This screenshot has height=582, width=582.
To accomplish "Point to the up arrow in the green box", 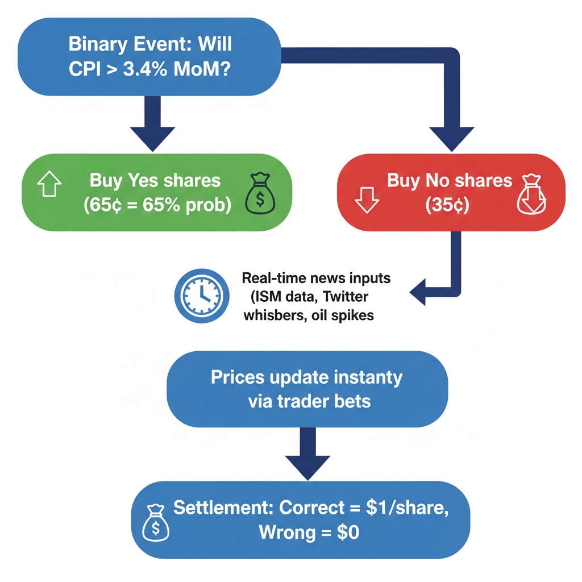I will [x=49, y=185].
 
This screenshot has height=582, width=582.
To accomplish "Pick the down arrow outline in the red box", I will [x=367, y=199].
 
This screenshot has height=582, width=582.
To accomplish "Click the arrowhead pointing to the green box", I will [x=153, y=138].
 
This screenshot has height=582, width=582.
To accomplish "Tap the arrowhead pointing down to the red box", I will [x=451, y=138].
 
